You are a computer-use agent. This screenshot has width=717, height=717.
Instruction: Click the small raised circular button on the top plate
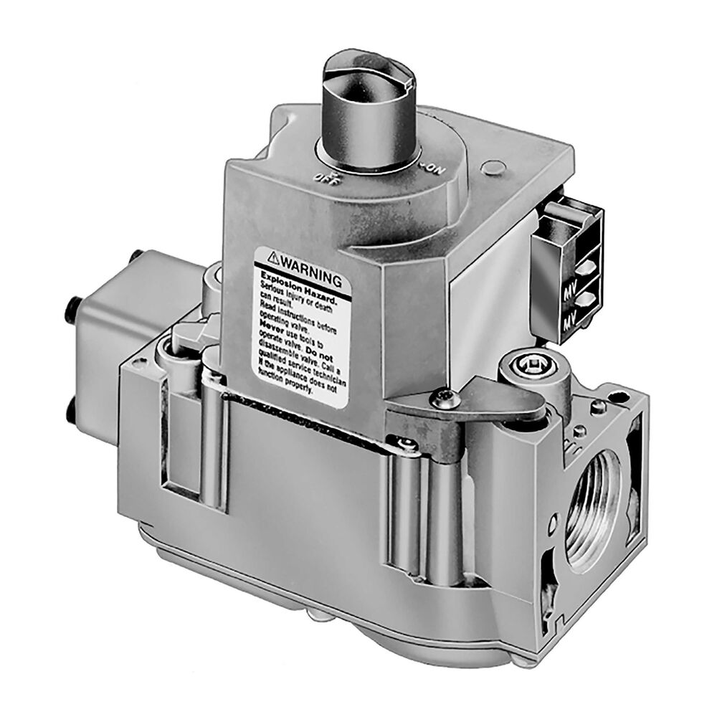tap(490, 168)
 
